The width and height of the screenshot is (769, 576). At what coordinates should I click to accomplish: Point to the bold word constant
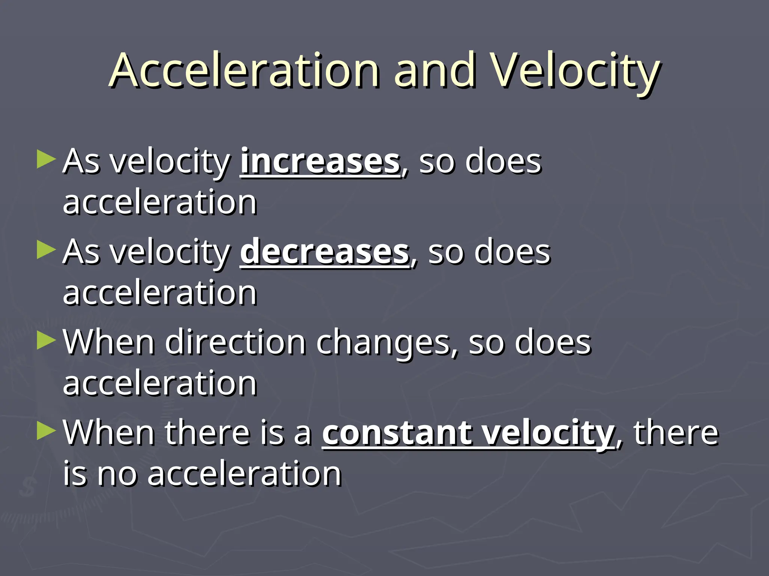point(397,433)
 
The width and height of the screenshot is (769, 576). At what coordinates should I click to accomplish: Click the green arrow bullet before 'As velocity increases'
point(46,159)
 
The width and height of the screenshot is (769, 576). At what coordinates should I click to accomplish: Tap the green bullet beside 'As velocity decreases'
point(46,250)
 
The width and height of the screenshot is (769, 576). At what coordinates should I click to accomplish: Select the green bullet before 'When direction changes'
point(46,341)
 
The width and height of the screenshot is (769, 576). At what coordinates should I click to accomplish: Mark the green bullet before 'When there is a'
point(46,431)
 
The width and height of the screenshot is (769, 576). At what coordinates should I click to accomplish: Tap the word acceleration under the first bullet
point(160,202)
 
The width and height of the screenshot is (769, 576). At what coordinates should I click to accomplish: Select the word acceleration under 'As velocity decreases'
point(160,293)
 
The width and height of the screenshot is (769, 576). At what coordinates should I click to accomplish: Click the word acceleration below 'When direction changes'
point(160,384)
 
